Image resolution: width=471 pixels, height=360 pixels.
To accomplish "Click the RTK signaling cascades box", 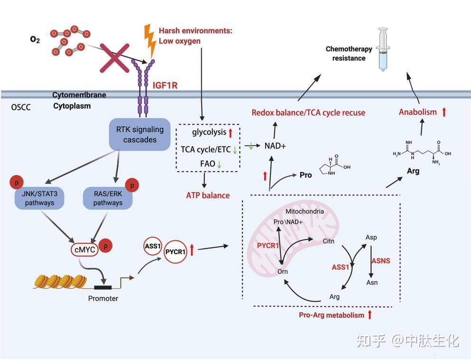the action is [139, 134].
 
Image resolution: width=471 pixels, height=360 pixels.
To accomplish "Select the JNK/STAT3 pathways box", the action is [39, 198].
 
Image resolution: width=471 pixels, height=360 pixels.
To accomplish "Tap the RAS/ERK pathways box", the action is [108, 198].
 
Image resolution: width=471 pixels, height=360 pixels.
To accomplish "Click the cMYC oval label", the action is [85, 250].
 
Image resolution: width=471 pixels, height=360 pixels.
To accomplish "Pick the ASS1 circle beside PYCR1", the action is [153, 246].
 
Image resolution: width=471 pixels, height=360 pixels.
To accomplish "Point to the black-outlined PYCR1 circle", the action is [175, 251].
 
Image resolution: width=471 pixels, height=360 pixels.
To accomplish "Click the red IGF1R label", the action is [165, 85].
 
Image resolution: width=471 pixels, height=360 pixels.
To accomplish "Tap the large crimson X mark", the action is [114, 58].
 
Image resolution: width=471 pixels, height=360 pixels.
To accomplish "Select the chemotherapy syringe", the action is [383, 49].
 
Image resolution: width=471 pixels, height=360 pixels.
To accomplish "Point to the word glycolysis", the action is [209, 132].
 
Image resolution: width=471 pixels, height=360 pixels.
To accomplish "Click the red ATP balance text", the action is [208, 195].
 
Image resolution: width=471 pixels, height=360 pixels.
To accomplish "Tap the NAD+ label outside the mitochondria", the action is [275, 146].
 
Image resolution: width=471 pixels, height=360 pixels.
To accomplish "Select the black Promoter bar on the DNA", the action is [103, 287].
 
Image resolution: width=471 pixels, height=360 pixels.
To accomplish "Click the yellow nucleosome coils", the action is [61, 281].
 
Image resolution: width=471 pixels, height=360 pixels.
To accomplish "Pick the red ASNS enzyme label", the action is [381, 260].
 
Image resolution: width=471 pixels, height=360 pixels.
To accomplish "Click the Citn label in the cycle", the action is [328, 241].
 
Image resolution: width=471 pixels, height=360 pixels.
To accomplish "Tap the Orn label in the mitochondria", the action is [283, 271].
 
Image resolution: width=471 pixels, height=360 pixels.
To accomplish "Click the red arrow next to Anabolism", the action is [444, 112].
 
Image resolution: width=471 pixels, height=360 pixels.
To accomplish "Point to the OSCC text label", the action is [21, 107].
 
